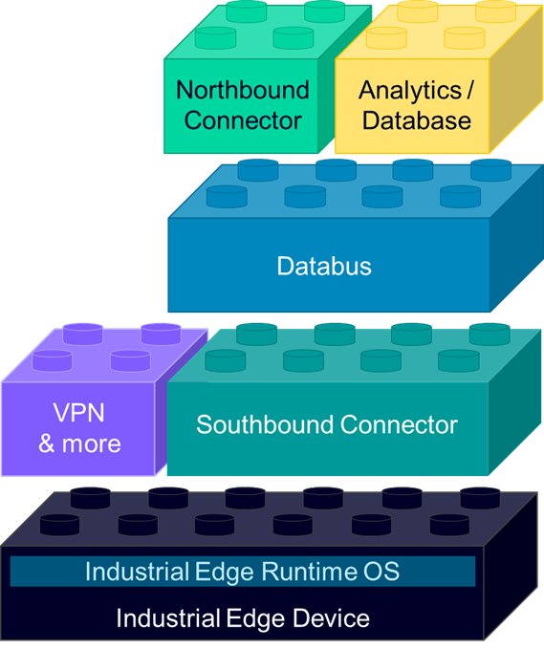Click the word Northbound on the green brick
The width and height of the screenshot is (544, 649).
[243, 91]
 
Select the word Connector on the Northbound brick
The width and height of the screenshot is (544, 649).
[243, 121]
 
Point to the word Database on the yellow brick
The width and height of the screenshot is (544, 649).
[417, 121]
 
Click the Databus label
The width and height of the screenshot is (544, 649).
[324, 266]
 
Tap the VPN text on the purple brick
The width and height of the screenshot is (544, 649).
[79, 412]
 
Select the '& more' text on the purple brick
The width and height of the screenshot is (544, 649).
[79, 443]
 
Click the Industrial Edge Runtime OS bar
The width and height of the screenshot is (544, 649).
[242, 572]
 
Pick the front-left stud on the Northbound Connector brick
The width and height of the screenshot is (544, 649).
[215, 37]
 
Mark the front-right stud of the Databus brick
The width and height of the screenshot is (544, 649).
[460, 196]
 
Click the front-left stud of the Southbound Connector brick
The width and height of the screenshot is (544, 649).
[225, 359]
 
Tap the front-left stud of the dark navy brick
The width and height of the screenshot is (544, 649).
[59, 524]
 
